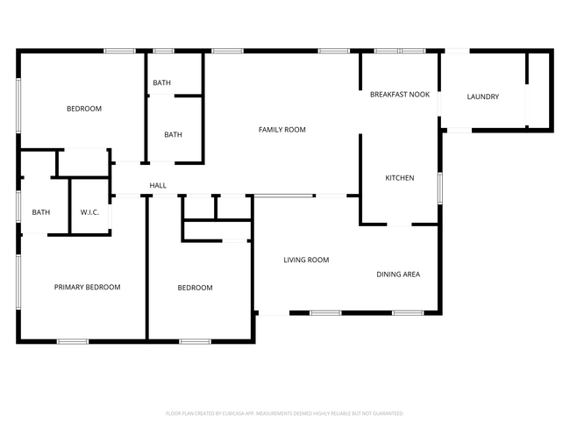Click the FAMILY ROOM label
(281, 130)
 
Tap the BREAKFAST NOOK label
(399, 94)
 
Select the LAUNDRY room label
(482, 96)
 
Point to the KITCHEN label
(399, 178)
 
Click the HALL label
(158, 185)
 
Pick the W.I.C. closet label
(89, 212)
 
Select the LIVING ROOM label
(305, 260)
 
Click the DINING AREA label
(398, 275)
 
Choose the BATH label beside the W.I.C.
(41, 212)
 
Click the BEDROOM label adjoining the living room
(195, 288)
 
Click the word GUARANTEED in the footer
(385, 413)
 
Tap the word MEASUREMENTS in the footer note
(277, 413)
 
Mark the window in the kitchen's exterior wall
(440, 188)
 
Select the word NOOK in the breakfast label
(420, 94)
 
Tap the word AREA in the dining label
(410, 275)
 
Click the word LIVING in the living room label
(294, 260)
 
